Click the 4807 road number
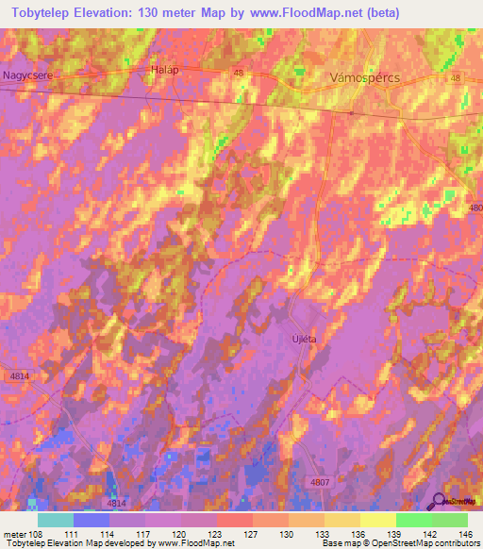click(319, 482)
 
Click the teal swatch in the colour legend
click(56, 520)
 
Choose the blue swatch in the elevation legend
click(92, 520)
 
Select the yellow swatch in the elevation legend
click(377, 520)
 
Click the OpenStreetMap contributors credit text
click(425, 543)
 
